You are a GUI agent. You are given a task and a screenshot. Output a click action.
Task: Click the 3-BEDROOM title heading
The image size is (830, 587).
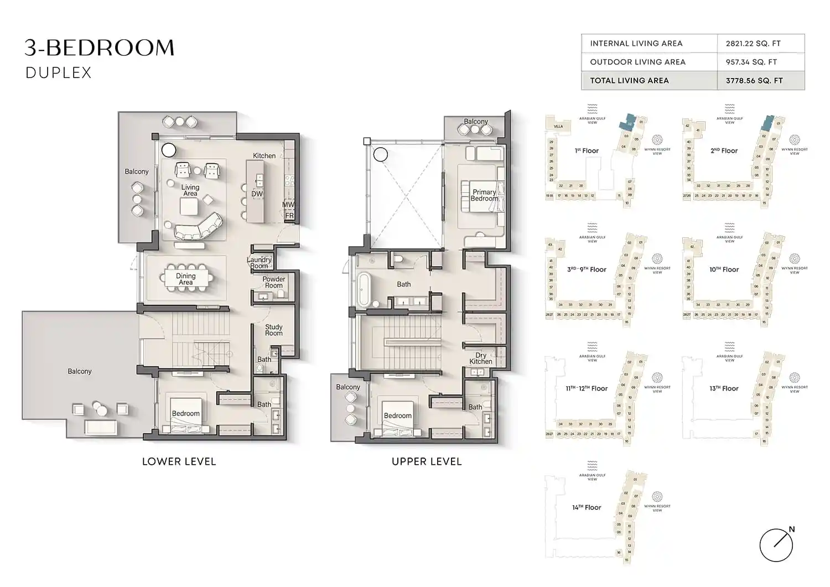point(100,48)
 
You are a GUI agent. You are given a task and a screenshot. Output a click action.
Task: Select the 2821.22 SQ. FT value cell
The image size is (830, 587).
point(753,44)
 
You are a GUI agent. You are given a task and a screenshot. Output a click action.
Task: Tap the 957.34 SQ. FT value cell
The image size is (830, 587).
point(751,62)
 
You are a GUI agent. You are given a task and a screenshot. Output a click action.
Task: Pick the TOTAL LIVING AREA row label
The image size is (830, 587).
point(629,81)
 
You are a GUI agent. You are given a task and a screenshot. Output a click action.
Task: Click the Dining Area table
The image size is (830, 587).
point(186,279)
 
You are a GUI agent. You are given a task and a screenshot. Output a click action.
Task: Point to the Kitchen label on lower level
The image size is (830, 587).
point(264,156)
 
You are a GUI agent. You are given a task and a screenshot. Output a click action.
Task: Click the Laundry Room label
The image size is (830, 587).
point(259,263)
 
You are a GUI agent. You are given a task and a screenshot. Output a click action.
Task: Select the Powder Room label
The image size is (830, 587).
point(274,283)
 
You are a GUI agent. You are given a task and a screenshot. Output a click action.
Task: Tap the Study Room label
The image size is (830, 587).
point(273,330)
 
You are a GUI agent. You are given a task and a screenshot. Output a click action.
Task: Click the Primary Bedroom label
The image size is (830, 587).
point(484,195)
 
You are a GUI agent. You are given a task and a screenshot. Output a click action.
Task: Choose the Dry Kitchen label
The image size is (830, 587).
point(481,359)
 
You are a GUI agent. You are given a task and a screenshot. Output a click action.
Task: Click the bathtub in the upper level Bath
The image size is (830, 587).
point(364,289)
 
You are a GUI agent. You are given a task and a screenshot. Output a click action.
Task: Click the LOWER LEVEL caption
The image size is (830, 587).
point(179,461)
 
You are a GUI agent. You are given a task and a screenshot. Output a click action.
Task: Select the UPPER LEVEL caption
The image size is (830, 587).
point(426,461)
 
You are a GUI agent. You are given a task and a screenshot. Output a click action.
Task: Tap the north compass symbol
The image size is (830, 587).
point(776,544)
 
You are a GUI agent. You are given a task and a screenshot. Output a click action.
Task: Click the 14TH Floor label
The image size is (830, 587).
point(587,507)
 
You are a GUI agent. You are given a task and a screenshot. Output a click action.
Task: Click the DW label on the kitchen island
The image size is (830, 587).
point(257,194)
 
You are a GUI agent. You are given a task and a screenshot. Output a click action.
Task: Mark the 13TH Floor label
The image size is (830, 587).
point(724,388)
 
